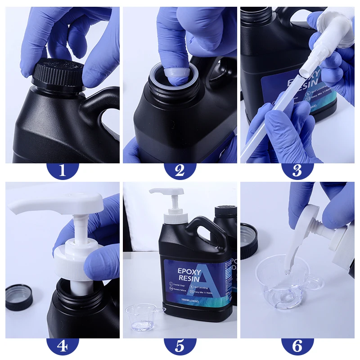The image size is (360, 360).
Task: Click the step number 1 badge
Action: (x=63, y=170)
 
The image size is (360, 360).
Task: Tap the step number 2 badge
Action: (x=180, y=170)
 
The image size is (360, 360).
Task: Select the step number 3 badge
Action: (x=297, y=170)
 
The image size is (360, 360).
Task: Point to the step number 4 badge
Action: (x=63, y=346)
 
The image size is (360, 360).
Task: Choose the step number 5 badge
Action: (x=180, y=346)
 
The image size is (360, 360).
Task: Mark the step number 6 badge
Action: (x=297, y=346)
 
